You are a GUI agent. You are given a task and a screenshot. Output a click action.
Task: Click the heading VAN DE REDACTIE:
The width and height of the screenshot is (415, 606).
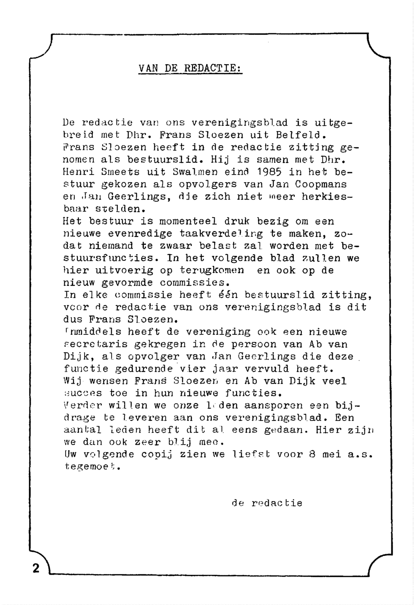coord(190,68)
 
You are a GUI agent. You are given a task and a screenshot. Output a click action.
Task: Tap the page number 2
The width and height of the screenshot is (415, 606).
coord(36,568)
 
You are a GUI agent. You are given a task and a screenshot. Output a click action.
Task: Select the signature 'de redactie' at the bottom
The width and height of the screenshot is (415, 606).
coord(267,503)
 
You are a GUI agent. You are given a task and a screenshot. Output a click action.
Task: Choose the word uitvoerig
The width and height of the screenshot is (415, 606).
coord(121,270)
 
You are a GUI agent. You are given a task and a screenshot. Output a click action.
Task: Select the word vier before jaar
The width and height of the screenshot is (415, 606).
coord(192,369)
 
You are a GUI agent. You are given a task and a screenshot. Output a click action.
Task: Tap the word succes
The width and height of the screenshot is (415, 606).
coord(82,393)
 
